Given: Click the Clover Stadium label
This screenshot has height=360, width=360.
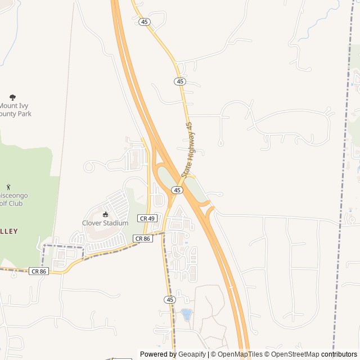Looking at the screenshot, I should coord(105,223).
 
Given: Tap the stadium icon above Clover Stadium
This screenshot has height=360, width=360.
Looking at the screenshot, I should coord(105,214).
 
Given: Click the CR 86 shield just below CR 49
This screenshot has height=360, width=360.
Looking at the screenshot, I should coord(142,238).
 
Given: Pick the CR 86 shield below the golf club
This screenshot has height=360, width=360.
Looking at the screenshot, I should coord(39,271).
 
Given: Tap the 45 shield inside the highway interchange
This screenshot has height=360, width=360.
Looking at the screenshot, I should coord(177,190).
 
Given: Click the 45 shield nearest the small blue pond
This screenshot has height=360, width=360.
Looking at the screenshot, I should coord(170,299).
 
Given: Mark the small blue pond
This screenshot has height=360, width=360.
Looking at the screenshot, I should coord(186,313).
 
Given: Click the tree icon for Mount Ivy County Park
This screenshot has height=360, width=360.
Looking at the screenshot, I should coord(13,97).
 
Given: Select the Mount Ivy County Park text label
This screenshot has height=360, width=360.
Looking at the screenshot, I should coord(16,110).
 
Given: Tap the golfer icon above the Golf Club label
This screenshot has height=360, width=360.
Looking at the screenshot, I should coord(8,186).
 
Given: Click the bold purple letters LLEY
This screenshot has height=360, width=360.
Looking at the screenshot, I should coord(9,231).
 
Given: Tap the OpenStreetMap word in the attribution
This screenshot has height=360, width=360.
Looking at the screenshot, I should coord(295,354).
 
